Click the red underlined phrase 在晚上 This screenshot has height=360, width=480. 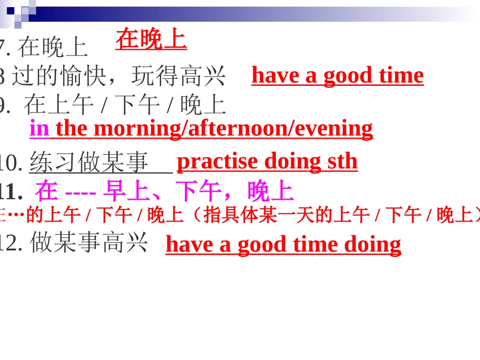151,39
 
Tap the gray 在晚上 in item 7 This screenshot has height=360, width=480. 53,48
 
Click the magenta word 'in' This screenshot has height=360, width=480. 39,128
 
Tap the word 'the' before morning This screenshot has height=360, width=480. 71,128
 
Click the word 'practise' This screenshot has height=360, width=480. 217,161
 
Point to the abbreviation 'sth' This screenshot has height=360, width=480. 342,161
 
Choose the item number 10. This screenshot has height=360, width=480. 11,163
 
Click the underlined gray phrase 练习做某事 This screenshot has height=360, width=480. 89,163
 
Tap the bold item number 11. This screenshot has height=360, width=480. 12,192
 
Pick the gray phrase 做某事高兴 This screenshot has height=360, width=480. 89,243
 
